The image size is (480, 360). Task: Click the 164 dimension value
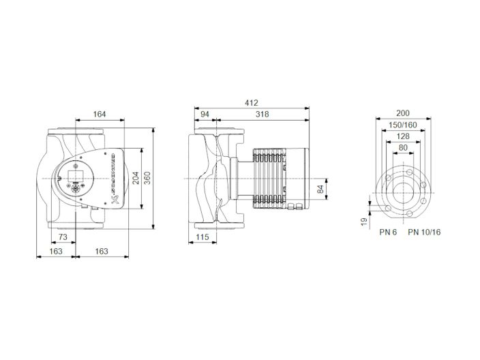pos(99,115)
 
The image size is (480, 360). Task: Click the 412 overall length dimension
pos(252,104)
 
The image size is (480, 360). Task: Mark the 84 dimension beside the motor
pos(320,189)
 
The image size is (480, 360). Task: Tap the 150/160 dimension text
pos(403,125)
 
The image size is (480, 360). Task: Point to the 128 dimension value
pos(403,136)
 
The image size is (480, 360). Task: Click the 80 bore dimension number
pos(403,147)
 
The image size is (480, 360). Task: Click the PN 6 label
pos(388,232)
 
